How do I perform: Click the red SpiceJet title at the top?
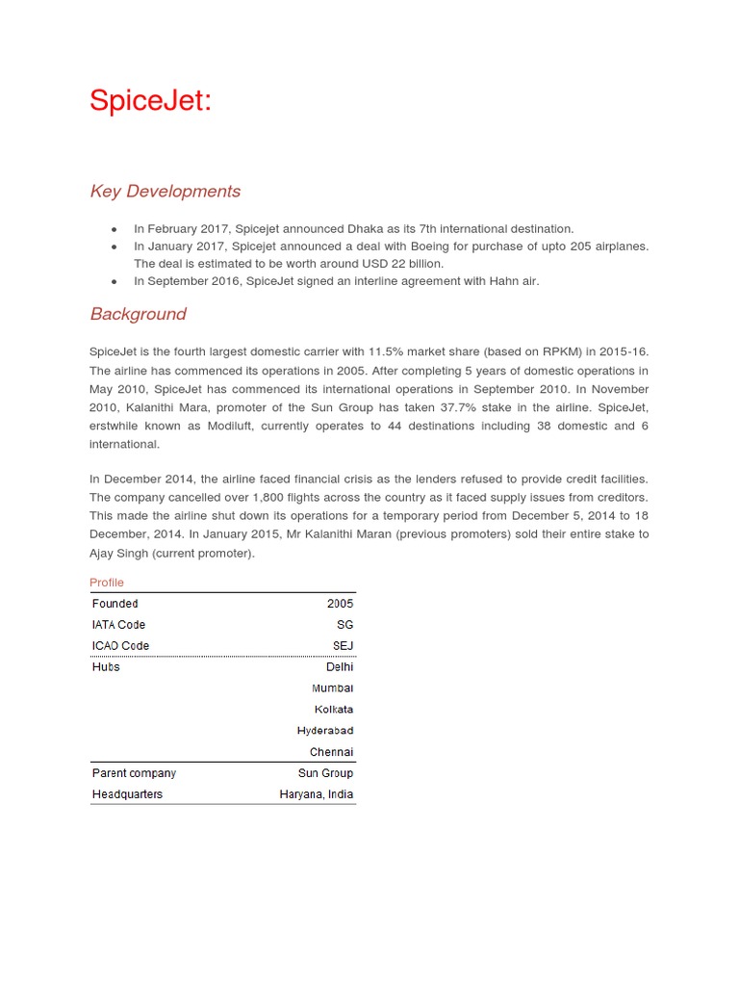pyautogui.click(x=150, y=100)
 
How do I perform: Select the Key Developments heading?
pyautogui.click(x=166, y=192)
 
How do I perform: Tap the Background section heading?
pyautogui.click(x=138, y=314)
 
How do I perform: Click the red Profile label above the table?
pyautogui.click(x=107, y=583)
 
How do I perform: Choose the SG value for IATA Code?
pyautogui.click(x=344, y=625)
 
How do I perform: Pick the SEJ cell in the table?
pyautogui.click(x=343, y=646)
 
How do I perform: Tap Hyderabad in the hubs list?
pyautogui.click(x=325, y=731)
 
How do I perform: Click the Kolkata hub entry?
pyautogui.click(x=334, y=710)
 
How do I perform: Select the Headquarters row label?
pyautogui.click(x=127, y=794)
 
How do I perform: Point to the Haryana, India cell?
pyautogui.click(x=317, y=794)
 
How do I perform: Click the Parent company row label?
pyautogui.click(x=134, y=773)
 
